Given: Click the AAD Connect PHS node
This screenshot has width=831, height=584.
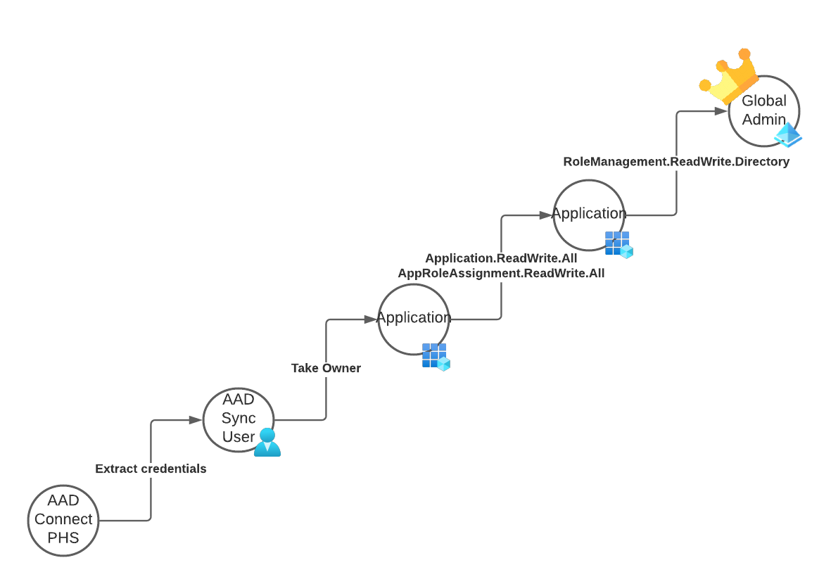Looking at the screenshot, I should click(x=63, y=520).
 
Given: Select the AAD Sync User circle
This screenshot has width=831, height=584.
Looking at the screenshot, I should click(x=239, y=420).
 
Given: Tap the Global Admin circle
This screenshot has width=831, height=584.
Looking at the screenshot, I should click(x=763, y=111).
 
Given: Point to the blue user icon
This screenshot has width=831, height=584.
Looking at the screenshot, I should click(x=267, y=443).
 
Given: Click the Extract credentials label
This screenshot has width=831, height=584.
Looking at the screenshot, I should click(x=151, y=469).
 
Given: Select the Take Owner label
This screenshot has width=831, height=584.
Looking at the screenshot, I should click(x=326, y=368).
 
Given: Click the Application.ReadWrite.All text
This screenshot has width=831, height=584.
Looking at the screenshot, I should click(x=501, y=258).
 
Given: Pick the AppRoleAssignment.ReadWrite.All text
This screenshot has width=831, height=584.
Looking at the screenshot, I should click(x=501, y=273).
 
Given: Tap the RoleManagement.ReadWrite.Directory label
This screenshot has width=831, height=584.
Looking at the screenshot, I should click(x=676, y=162).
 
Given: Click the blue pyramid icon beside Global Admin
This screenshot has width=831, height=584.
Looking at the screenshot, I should click(x=788, y=135).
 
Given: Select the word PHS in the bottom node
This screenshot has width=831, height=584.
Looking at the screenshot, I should click(x=63, y=537).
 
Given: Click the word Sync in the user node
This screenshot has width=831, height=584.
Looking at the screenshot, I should click(x=239, y=419).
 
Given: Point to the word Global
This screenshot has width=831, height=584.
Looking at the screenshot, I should click(x=763, y=101).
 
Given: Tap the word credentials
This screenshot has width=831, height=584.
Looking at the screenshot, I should click(x=174, y=469).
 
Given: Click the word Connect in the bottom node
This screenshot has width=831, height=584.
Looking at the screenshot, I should click(x=63, y=519).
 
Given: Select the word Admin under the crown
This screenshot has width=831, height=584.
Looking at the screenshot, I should click(x=763, y=119).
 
